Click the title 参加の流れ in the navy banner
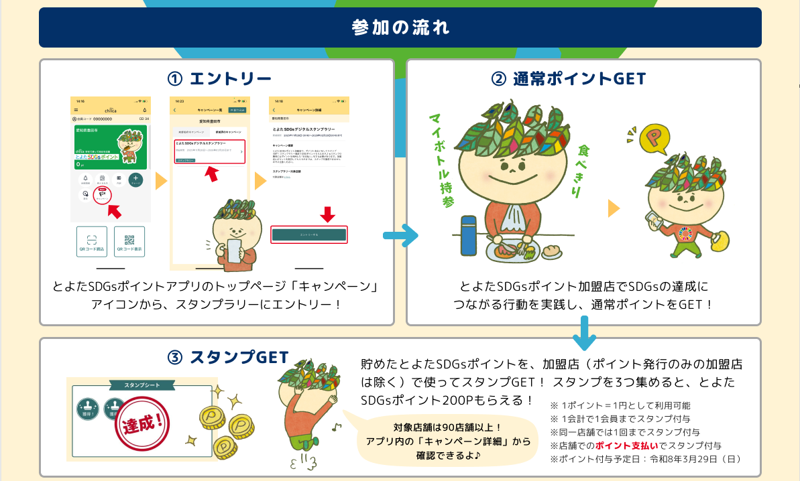pyautogui.click(x=400, y=27)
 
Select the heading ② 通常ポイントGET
pyautogui.click(x=568, y=79)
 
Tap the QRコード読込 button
pyautogui.click(x=92, y=241)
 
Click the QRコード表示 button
pyautogui.click(x=129, y=241)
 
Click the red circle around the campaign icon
pyautogui.click(x=102, y=195)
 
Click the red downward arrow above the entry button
pyautogui.click(x=327, y=215)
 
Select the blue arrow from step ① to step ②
pyautogui.click(x=400, y=236)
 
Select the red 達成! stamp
pyautogui.click(x=141, y=425)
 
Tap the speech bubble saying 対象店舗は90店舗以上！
pyautogui.click(x=447, y=441)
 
